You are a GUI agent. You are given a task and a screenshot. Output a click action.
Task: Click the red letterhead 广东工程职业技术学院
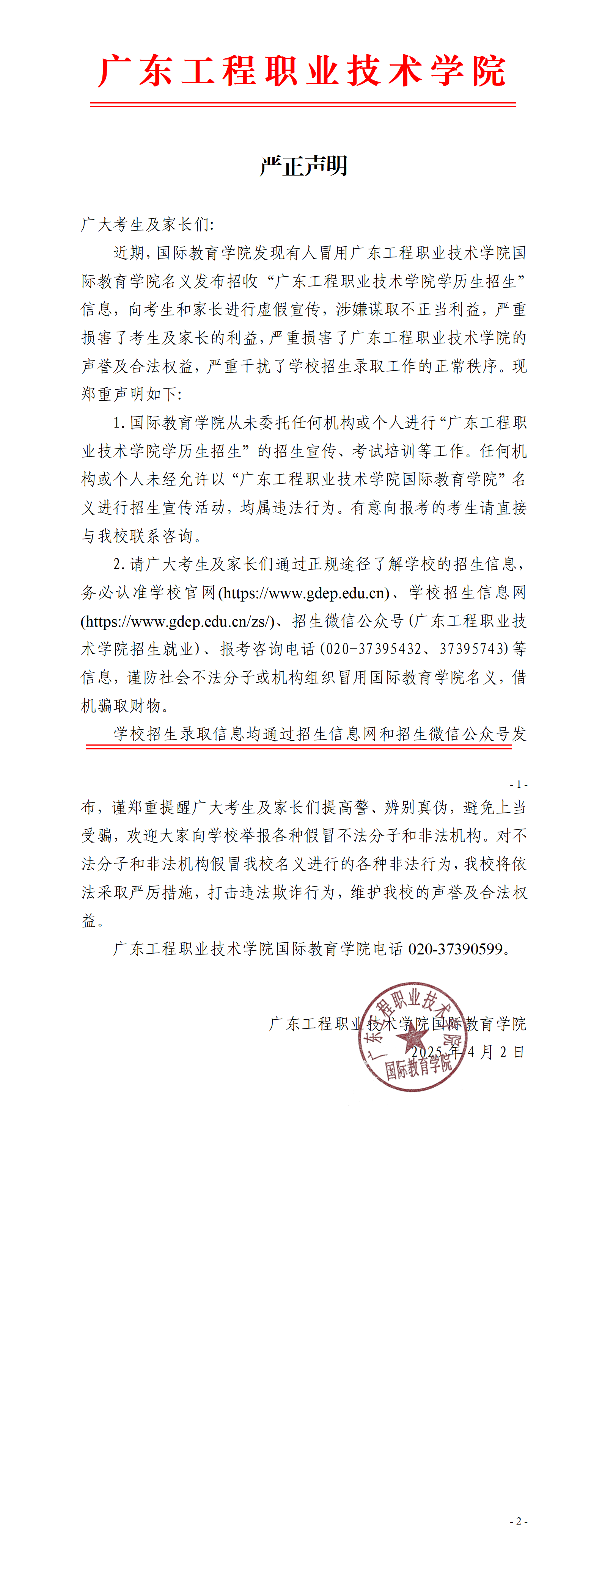click(302, 71)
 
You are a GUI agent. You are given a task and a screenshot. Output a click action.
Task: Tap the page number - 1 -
click(518, 784)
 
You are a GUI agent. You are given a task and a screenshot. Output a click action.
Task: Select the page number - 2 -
click(518, 1521)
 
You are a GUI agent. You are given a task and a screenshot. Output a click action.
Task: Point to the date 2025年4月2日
click(468, 1052)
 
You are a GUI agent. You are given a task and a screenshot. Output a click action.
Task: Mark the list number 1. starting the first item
click(119, 423)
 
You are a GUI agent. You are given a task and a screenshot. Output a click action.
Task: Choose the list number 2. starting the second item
click(119, 564)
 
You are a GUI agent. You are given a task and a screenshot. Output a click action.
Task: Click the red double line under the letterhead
click(302, 105)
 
